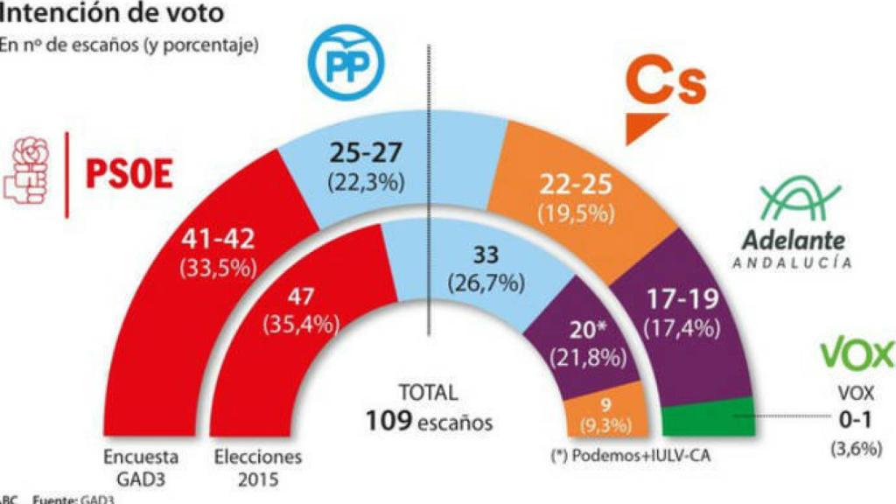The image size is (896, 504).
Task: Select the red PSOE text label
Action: coord(129,172)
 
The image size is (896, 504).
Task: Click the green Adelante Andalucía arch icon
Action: coord(797,201)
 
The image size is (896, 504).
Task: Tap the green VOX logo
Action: coord(856,353)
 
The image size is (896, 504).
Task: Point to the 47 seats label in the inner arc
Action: coord(300,297)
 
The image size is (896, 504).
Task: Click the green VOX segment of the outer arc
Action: coord(708,417)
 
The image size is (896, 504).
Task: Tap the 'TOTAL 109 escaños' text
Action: coord(428,409)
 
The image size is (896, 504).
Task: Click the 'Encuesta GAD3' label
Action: coord(141,465)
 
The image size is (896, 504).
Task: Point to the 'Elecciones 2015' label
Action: coord(257,465)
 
